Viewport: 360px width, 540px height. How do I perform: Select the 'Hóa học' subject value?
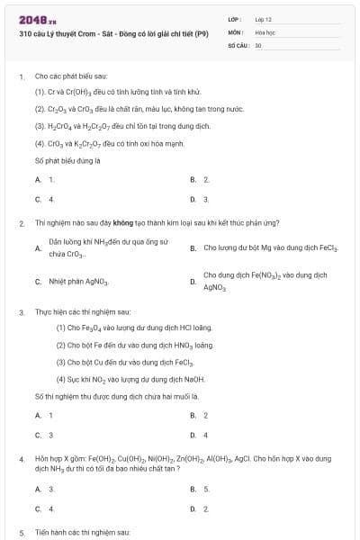click(x=265, y=31)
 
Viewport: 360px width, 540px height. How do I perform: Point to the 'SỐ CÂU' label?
click(x=238, y=44)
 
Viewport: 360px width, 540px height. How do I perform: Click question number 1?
click(x=22, y=77)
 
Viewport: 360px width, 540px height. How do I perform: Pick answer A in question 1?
click(x=39, y=180)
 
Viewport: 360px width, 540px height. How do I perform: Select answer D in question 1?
click(x=193, y=199)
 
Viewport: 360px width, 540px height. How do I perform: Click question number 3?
click(x=22, y=312)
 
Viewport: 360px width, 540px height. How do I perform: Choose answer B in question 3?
click(x=193, y=415)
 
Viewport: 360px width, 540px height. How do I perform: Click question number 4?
click(x=22, y=458)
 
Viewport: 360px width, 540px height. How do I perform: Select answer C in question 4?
click(x=39, y=508)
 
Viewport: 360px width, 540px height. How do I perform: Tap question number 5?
click(x=22, y=532)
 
